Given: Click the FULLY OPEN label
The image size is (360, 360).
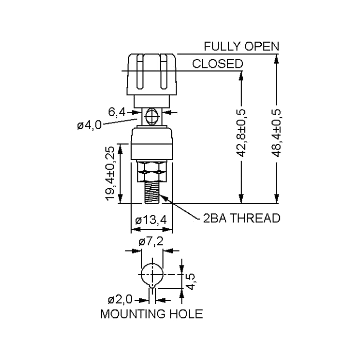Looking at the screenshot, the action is pos(241,46).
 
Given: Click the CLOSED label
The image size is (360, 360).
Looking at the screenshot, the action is pos(218,64).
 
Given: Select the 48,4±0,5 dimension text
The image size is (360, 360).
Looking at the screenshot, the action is pos(277,133).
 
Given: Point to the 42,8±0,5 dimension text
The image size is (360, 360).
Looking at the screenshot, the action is pos(241,133).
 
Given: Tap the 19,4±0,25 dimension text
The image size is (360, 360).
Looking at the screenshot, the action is pos(111,173).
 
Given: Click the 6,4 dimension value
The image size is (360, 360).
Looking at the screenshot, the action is pos(117,112).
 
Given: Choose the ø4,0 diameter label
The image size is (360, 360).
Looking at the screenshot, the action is pos(89,125).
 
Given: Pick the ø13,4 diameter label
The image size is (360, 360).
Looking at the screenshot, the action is pos(151,220).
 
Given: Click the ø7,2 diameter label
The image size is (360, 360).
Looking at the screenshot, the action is pos(151,241).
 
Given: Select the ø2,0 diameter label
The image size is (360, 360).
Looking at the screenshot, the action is pos(120,299).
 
